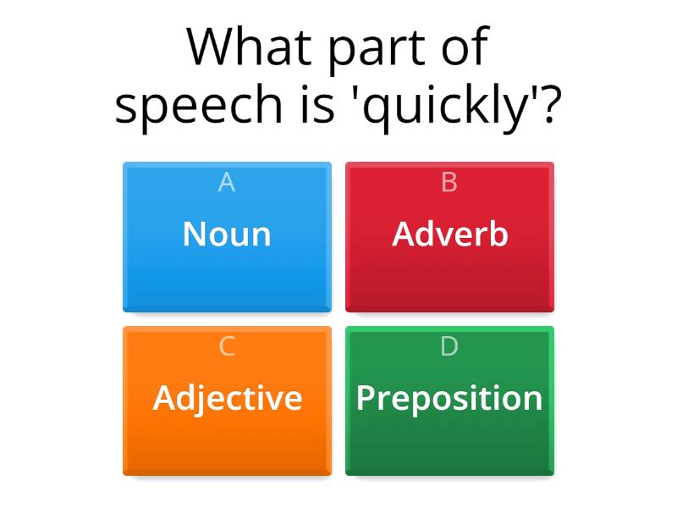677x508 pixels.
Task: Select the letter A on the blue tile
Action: pyautogui.click(x=226, y=182)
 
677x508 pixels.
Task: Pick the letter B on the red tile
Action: pyautogui.click(x=449, y=182)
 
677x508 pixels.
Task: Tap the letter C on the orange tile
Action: pyautogui.click(x=226, y=346)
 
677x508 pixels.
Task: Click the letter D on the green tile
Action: pyautogui.click(x=449, y=346)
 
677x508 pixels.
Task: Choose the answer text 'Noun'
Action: pyautogui.click(x=227, y=235)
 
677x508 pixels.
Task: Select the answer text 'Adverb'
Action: pyautogui.click(x=449, y=235)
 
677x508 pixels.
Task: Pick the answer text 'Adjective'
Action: pyautogui.click(x=227, y=398)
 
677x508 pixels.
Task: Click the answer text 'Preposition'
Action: pyautogui.click(x=449, y=398)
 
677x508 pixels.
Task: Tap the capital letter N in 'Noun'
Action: pyautogui.click(x=195, y=235)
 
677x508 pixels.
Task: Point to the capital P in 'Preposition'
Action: pyautogui.click(x=366, y=398)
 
